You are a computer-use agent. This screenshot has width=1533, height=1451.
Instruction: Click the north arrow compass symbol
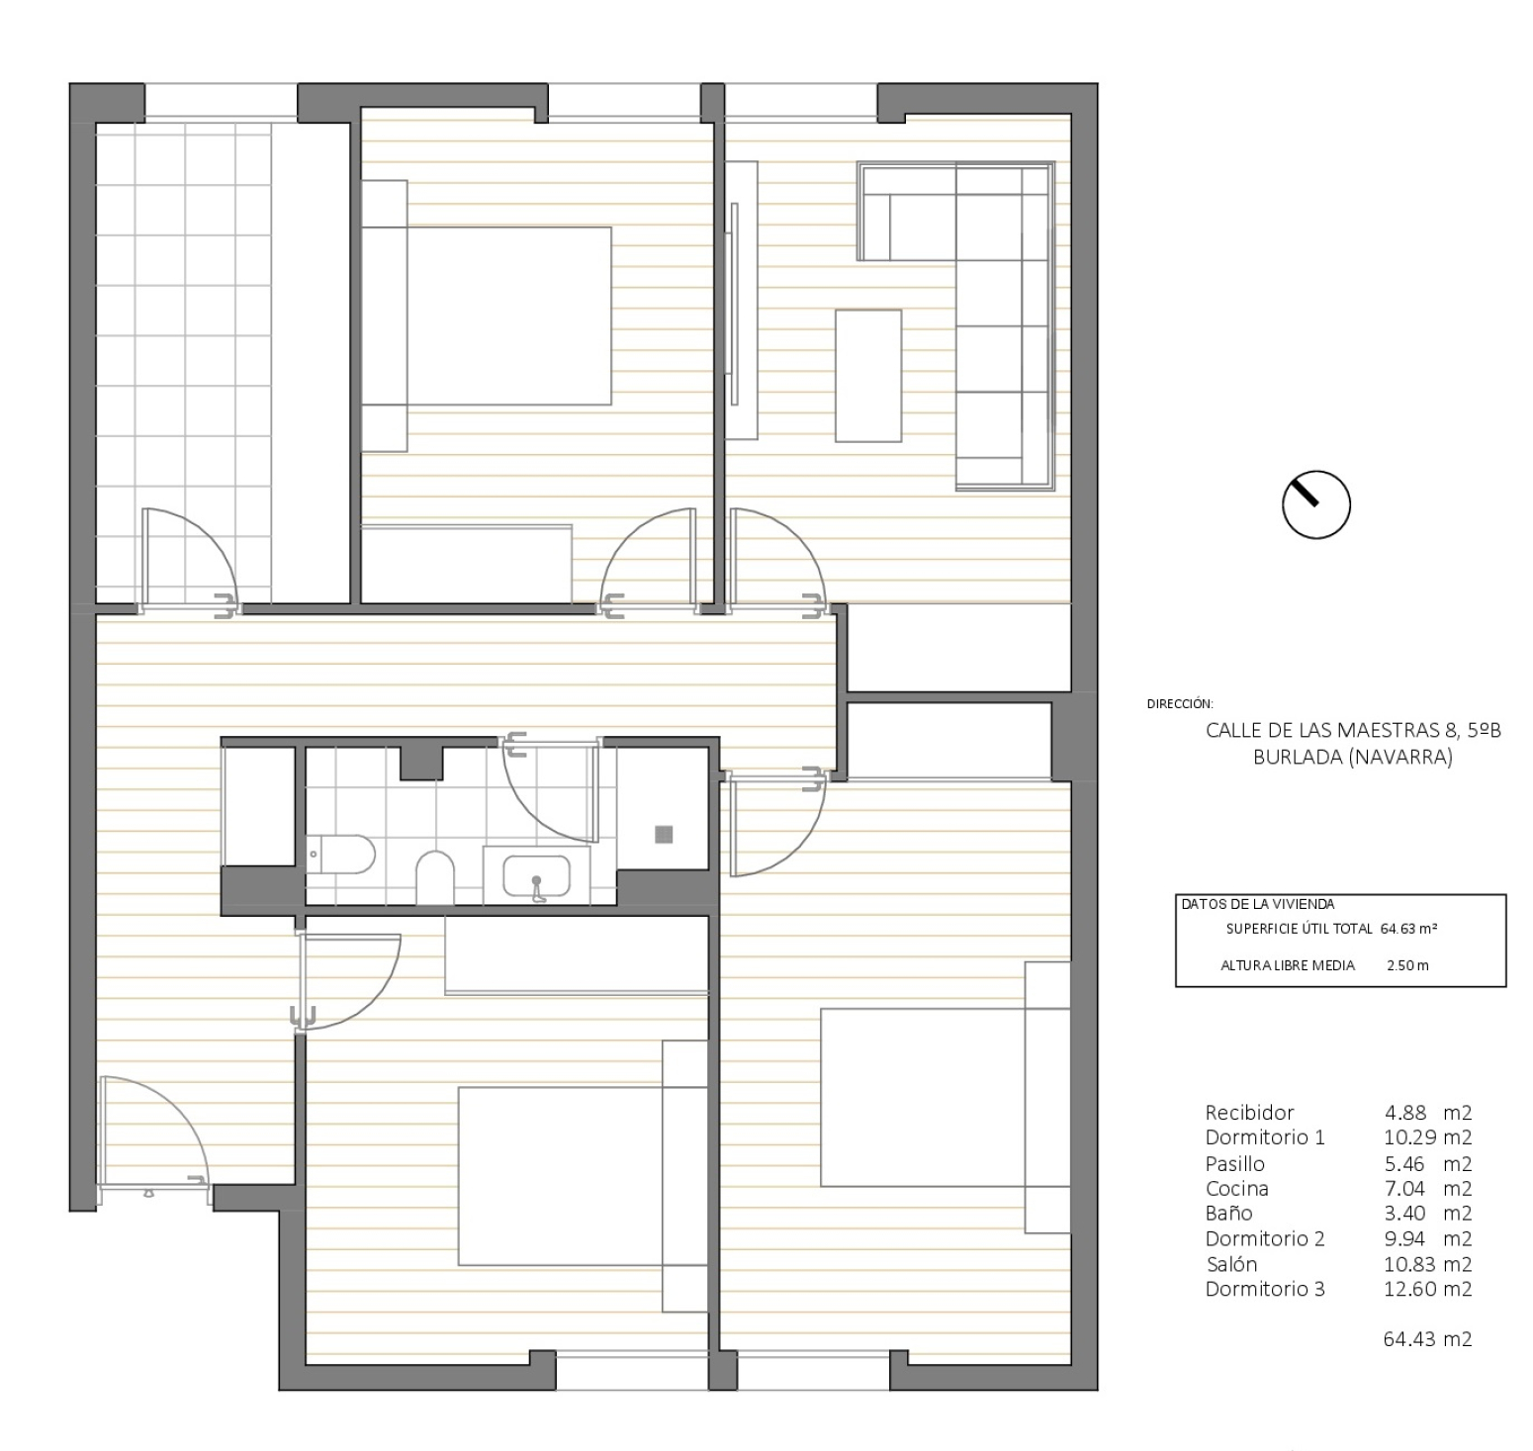pos(1315,504)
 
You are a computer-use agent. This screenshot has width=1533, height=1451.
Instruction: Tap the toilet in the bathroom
pos(341,855)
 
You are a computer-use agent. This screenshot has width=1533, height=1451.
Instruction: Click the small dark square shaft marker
pos(664,834)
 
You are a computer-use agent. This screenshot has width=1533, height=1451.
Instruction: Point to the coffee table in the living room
pos(868,375)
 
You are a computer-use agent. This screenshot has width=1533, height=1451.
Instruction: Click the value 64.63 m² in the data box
pos(1408,929)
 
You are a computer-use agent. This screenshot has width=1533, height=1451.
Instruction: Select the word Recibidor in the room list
pos(1249,1112)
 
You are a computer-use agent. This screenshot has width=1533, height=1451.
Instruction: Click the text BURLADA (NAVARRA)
pos(1352,758)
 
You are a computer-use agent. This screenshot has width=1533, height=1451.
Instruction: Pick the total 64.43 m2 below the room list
pos(1427,1339)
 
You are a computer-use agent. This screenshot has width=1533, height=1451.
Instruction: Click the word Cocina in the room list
pos(1236,1188)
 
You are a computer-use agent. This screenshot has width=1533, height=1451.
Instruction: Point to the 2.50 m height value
pos(1407,965)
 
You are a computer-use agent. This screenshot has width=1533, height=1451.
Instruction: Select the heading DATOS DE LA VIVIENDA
pos(1257,904)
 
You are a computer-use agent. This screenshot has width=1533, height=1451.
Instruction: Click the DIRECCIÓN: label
pos(1180,704)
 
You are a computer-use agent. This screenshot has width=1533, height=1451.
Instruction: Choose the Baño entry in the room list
pos(1228,1213)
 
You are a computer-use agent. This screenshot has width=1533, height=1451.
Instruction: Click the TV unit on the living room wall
pos(741,301)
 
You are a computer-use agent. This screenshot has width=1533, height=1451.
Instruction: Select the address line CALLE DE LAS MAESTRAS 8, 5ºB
pos(1353,731)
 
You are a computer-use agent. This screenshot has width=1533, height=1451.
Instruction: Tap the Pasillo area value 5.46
pos(1404,1163)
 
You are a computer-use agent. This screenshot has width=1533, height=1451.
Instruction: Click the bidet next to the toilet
pos(434,877)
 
